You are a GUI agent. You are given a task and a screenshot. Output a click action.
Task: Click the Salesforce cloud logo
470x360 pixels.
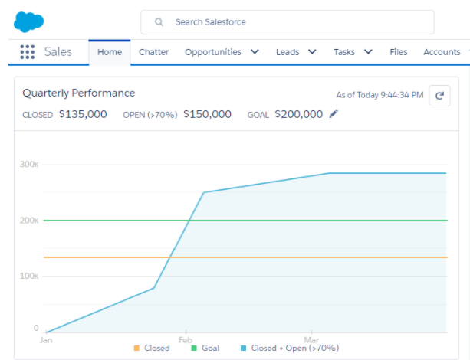(x=29, y=22)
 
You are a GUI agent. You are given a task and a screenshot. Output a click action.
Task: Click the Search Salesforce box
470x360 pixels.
(x=287, y=22)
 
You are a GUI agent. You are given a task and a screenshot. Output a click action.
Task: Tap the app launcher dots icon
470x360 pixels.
(x=28, y=52)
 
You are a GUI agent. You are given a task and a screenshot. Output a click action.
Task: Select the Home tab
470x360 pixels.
(x=110, y=52)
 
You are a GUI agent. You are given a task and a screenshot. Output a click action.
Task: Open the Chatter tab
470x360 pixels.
(x=153, y=52)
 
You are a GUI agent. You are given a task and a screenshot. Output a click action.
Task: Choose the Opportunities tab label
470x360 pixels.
(x=212, y=52)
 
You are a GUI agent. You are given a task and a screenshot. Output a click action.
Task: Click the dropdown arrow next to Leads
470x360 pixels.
(x=312, y=52)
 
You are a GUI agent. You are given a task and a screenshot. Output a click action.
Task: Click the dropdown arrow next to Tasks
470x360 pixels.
(x=368, y=52)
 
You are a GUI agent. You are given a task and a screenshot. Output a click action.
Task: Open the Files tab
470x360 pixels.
(x=399, y=52)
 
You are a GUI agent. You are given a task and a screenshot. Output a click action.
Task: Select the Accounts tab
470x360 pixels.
(x=442, y=52)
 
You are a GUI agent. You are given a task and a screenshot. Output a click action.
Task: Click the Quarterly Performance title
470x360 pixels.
(x=79, y=93)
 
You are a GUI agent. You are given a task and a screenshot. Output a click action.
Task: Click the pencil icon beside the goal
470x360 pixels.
(x=334, y=114)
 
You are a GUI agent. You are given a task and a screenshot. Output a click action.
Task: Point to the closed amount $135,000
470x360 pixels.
(x=83, y=114)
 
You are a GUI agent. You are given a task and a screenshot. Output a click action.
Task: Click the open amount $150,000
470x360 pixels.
(x=207, y=114)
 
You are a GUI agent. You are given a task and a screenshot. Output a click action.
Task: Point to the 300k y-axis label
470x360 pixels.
(x=30, y=165)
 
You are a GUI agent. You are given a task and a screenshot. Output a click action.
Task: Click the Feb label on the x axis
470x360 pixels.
(x=186, y=339)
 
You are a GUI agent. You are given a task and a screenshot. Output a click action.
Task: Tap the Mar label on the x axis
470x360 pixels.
(x=311, y=339)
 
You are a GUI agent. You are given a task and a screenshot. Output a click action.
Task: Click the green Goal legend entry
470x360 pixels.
(x=205, y=349)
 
